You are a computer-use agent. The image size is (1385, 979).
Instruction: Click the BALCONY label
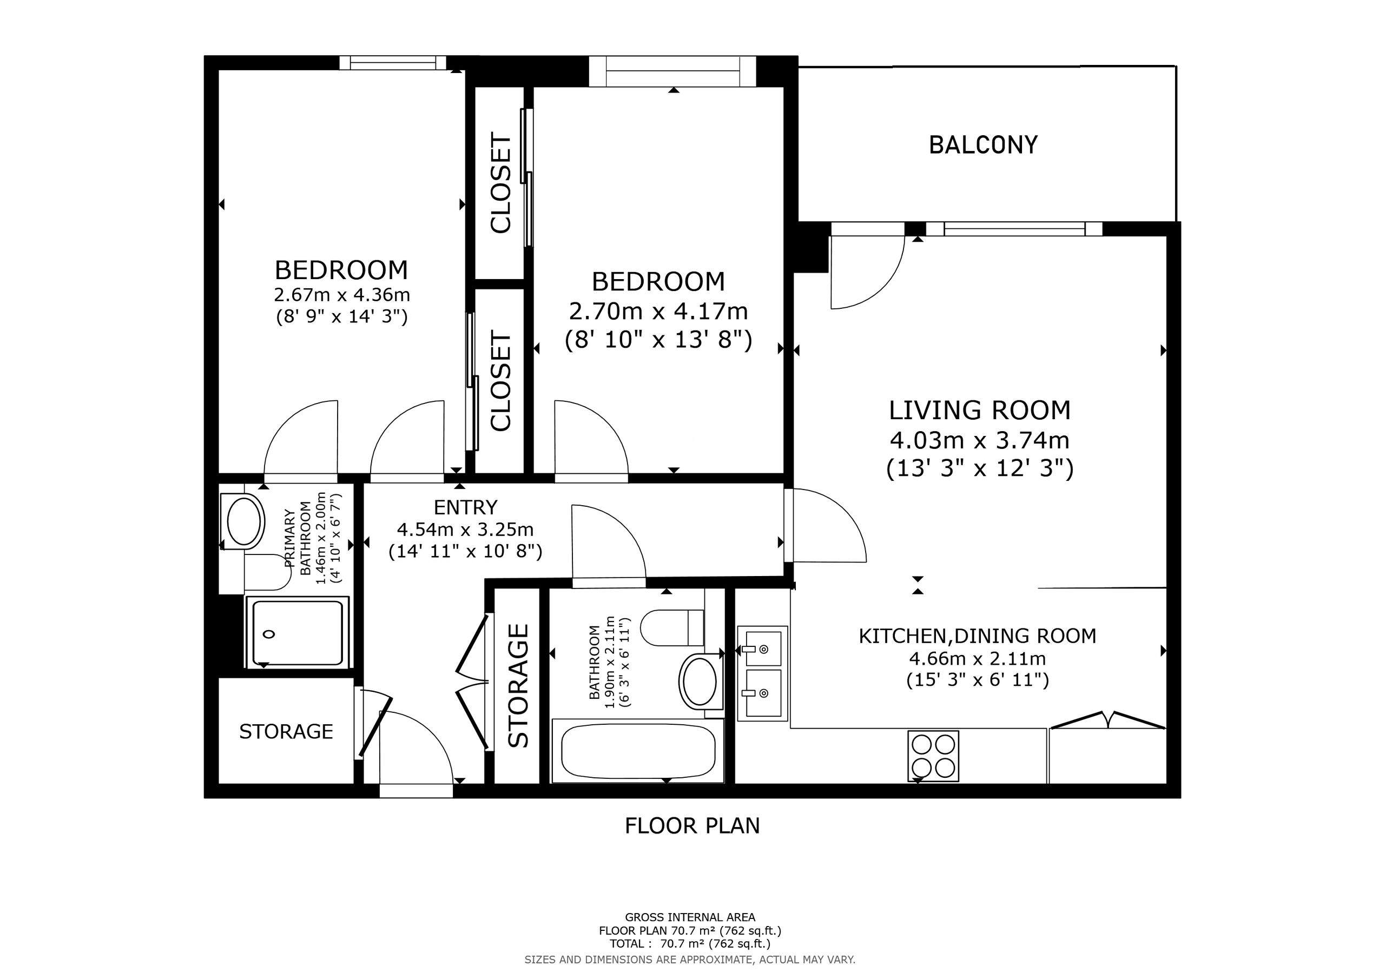[x=983, y=145]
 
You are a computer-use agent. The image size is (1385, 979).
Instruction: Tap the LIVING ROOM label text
[x=980, y=410]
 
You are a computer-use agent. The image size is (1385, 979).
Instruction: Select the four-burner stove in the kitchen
[x=933, y=756]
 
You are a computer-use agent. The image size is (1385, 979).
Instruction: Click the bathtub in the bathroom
[x=638, y=750]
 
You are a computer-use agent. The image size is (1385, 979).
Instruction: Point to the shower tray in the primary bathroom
[x=298, y=632]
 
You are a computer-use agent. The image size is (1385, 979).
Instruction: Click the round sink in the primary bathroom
[x=242, y=521]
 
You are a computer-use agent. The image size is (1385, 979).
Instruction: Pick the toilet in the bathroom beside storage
[x=672, y=627]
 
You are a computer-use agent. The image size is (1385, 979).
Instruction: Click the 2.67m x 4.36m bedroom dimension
[x=342, y=295]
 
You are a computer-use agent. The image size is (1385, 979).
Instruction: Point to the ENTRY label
[x=466, y=507]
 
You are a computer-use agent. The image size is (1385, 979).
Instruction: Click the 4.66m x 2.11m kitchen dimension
[x=978, y=658]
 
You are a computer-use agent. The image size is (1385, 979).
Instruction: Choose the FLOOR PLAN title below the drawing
[x=692, y=826]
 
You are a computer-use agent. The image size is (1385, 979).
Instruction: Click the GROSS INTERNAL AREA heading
[x=690, y=917]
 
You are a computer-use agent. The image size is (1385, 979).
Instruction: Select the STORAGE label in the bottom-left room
[x=286, y=732]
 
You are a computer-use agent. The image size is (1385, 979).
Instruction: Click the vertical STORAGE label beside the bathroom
[x=519, y=685]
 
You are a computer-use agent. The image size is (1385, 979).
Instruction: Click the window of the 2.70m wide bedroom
[x=672, y=71]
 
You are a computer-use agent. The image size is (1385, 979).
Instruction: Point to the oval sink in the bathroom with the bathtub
[x=698, y=681]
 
